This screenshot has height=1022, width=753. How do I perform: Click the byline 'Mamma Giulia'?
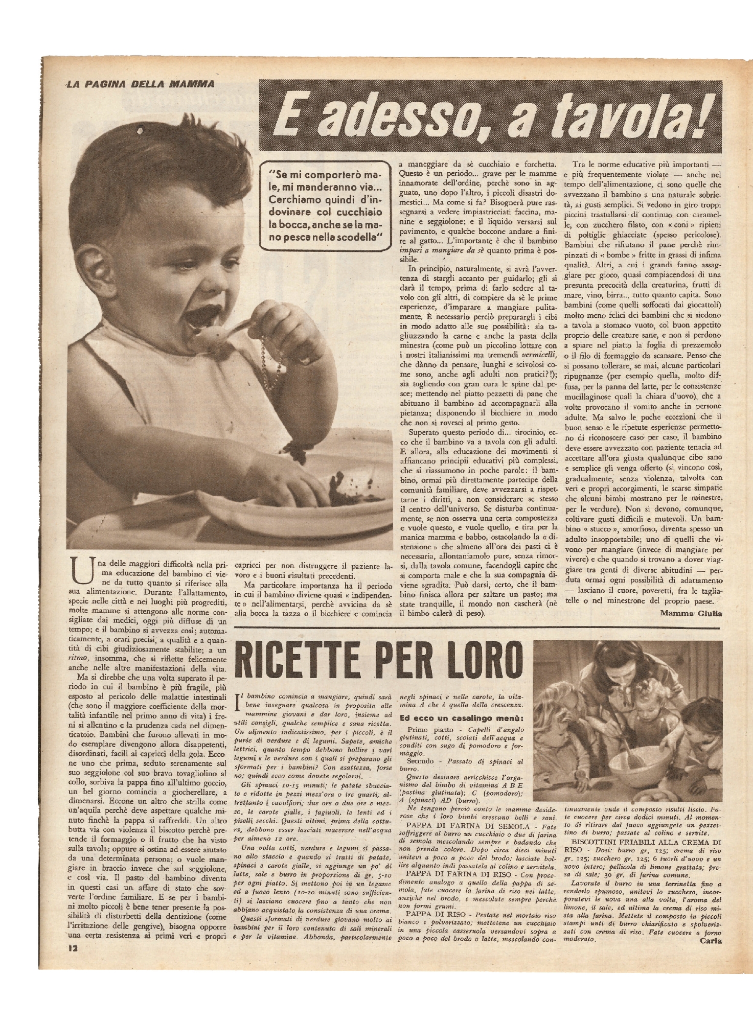[x=691, y=613]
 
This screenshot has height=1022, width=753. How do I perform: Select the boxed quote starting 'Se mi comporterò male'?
[x=330, y=211]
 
